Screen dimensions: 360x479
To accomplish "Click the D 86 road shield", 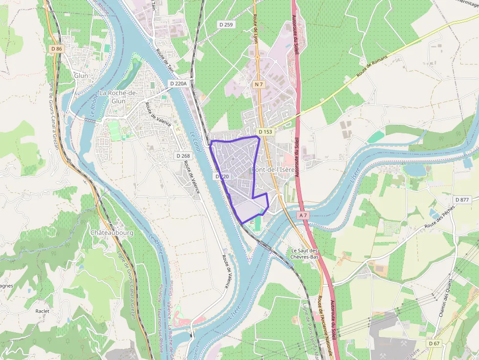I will point(57,49).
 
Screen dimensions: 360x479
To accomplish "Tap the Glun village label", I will point(81,76).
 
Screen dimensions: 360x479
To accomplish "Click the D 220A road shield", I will point(178,84).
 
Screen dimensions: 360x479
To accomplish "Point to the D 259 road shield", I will point(225,24).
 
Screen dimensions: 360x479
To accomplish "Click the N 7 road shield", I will point(259,85).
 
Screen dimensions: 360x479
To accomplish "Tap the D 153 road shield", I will point(265,132).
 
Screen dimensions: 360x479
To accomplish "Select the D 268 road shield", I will point(183,156).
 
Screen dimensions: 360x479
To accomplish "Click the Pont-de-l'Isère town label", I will point(273,169).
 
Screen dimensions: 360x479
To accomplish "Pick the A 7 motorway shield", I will point(303,215).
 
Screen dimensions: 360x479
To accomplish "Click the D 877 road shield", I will point(462,199).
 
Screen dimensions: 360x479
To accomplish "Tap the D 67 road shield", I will point(434,343).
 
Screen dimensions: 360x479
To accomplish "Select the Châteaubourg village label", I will point(112,233).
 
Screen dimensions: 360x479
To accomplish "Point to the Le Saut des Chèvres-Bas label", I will point(305,254).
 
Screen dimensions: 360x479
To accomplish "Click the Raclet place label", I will point(43,311).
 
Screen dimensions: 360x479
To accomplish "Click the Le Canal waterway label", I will point(196,142).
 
